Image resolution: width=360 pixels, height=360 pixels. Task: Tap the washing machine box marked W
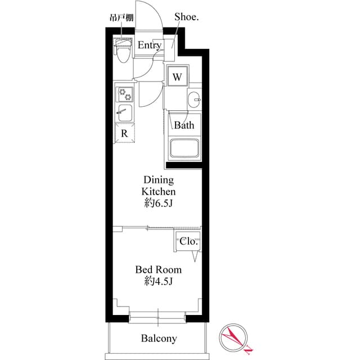[177, 77]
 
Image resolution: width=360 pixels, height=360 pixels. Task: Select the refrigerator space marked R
[124, 133]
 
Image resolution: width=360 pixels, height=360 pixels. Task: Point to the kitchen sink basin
[125, 112]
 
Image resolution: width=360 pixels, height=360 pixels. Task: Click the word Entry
[150, 46]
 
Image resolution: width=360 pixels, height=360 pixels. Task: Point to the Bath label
[183, 125]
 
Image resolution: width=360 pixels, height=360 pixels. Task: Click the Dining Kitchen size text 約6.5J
[159, 203]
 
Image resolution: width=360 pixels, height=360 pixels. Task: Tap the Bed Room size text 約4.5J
[158, 281]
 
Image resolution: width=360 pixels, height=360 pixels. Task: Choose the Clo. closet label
[188, 241]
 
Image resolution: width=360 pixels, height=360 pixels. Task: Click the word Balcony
[159, 338]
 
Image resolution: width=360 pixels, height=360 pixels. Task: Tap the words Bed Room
[158, 269]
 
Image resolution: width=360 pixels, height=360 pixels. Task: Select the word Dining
[159, 180]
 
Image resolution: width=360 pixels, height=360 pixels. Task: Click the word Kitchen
[159, 191]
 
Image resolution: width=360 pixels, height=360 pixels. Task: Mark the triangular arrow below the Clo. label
[195, 256]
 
